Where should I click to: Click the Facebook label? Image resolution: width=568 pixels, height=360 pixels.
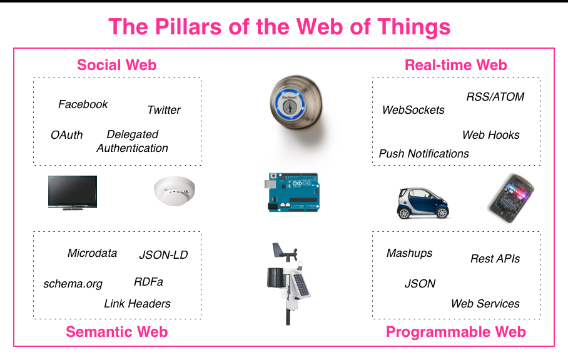coord(83,104)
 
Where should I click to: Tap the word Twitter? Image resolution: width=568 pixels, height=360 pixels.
coord(164,110)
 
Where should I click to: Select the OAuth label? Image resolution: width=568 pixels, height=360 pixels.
coord(66,134)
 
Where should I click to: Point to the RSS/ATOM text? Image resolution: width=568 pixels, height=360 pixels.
coord(495,97)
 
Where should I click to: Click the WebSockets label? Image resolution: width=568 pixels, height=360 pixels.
coord(413,110)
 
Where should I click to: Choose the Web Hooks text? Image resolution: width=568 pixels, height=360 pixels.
coord(490,135)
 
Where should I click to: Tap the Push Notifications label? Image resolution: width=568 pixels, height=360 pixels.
coord(423,154)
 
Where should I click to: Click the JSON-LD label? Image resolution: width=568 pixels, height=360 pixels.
coord(163,254)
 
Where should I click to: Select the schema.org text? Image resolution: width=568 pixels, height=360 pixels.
coord(73,284)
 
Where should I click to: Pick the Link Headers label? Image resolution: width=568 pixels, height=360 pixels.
coord(137,304)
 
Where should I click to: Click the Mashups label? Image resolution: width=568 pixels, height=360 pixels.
coord(409,253)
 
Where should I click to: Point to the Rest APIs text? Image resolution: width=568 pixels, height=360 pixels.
coord(495,259)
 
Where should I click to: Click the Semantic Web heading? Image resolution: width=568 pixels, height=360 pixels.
coord(117,332)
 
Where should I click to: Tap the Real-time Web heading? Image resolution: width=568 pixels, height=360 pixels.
coord(455,65)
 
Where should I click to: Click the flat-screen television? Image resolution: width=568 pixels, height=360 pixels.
coord(73,191)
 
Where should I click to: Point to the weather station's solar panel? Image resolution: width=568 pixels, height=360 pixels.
coord(302,287)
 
